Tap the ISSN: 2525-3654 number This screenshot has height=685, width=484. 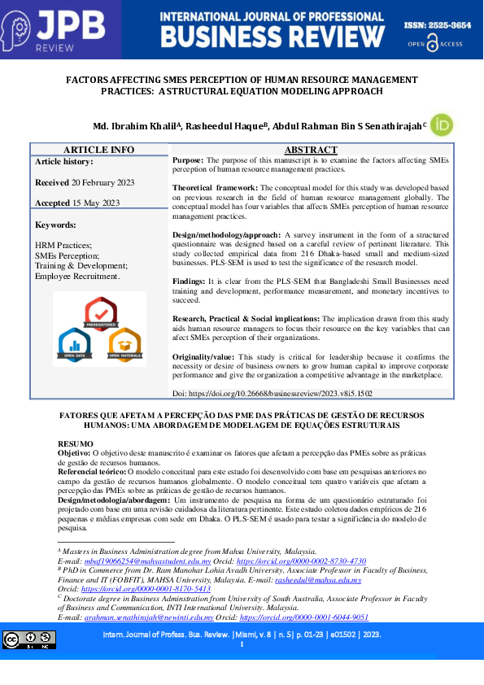pyautogui.click(x=438, y=26)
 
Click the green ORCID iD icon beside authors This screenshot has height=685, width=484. pyautogui.click(x=442, y=125)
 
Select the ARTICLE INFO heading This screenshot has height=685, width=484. pyautogui.click(x=99, y=150)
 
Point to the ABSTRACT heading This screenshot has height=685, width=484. pyautogui.click(x=311, y=150)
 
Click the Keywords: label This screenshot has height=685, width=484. pyautogui.click(x=56, y=225)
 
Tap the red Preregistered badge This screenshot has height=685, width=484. pyautogui.click(x=101, y=314)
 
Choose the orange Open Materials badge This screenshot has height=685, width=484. pyautogui.click(x=124, y=344)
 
